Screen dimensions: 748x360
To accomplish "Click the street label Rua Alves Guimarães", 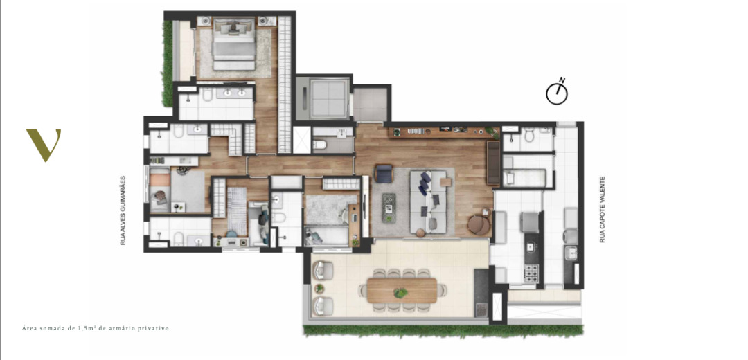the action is point(123,210).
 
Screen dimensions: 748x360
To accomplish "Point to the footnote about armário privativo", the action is point(96,329).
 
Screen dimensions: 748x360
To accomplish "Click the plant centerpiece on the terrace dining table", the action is point(401,293).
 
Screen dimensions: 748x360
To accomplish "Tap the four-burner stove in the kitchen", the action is point(531,273).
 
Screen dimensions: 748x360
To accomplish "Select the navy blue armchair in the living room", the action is point(384,174).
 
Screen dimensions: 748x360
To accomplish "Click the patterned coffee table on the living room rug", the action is point(389,208).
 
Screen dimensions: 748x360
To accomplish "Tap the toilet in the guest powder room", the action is point(320,143).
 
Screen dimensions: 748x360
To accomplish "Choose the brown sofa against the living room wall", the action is point(493,163).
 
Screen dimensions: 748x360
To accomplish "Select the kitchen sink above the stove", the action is point(530,247).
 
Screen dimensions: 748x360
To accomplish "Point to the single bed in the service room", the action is point(524,178).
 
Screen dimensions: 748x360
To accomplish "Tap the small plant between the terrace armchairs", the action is point(319,288).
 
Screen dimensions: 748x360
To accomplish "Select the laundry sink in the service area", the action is point(571,253).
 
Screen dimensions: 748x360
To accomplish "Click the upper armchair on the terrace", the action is point(323,271).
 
